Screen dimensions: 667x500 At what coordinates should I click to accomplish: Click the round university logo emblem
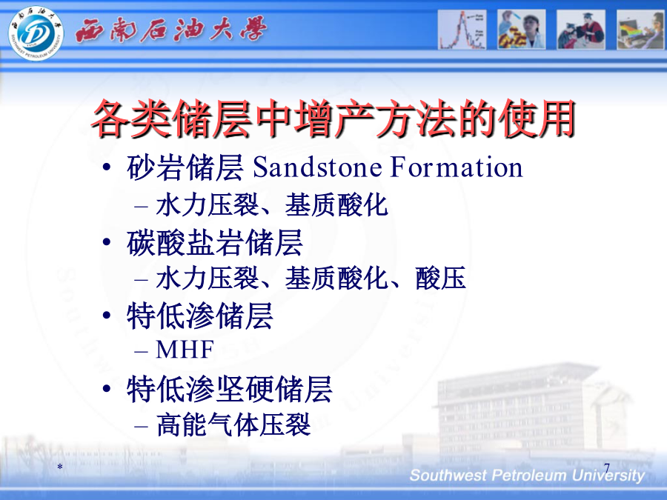click(36, 33)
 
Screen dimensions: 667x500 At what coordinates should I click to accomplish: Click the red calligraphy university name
click(171, 30)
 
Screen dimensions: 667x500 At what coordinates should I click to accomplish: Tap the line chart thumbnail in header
click(462, 30)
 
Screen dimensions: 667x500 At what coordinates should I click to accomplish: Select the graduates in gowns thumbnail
click(581, 30)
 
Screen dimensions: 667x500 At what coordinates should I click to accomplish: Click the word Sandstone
click(317, 167)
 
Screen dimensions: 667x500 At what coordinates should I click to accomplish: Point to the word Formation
click(457, 167)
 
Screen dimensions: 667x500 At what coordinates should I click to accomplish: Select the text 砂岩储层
click(185, 167)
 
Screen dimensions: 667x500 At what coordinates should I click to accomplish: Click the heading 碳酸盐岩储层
click(215, 243)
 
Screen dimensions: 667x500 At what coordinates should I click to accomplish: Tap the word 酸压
click(441, 279)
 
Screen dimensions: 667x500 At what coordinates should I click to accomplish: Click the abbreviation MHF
click(185, 350)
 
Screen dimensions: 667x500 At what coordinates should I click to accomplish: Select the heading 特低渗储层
click(200, 316)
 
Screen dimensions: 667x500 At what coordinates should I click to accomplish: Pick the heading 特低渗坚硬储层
click(230, 389)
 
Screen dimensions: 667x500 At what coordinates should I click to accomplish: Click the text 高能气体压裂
click(233, 424)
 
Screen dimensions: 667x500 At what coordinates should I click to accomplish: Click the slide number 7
click(606, 467)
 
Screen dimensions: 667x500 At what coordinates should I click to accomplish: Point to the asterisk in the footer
click(60, 467)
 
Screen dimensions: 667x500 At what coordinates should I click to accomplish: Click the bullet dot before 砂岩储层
click(107, 167)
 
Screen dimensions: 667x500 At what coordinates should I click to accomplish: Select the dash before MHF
click(141, 352)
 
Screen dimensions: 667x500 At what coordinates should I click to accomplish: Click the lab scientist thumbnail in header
click(522, 30)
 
